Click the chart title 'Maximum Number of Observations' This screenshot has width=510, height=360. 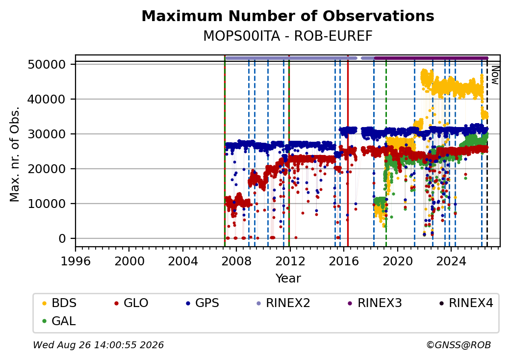pyautogui.click(x=288, y=16)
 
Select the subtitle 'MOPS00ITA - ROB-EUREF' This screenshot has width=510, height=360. pyautogui.click(x=288, y=36)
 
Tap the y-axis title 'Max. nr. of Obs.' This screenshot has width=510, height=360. pyautogui.click(x=15, y=154)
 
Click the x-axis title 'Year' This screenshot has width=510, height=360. pyautogui.click(x=288, y=279)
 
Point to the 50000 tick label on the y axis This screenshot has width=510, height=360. pyautogui.click(x=47, y=64)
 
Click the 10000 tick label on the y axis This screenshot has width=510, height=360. pyautogui.click(x=47, y=204)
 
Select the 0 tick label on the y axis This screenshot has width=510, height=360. pyautogui.click(x=62, y=239)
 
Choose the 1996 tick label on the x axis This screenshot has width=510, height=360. pyautogui.click(x=76, y=261)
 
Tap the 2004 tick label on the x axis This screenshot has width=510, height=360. pyautogui.click(x=183, y=261)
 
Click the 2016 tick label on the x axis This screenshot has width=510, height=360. pyautogui.click(x=344, y=261)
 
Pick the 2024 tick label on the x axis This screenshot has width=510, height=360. pyautogui.click(x=451, y=261)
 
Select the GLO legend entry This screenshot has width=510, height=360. pyautogui.click(x=131, y=303)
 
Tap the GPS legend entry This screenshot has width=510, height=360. pyautogui.click(x=203, y=303)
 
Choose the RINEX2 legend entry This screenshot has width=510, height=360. pyautogui.click(x=283, y=303)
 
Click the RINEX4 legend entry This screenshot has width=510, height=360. pyautogui.click(x=466, y=303)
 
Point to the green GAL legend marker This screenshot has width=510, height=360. pyautogui.click(x=45, y=321)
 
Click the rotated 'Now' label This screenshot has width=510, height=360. pyautogui.click(x=495, y=75)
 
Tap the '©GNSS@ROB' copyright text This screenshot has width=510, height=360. pyautogui.click(x=459, y=345)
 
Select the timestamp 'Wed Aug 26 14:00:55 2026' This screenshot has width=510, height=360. pyautogui.click(x=99, y=345)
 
